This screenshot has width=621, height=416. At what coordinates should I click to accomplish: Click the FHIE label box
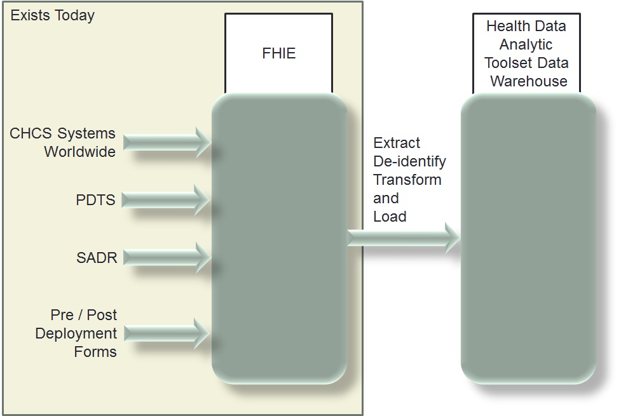(x=278, y=53)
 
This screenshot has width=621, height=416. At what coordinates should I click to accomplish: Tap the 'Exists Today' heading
(x=53, y=16)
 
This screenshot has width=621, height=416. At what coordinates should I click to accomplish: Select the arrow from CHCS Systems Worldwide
(x=167, y=142)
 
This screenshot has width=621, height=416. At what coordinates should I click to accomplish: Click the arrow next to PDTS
(x=166, y=200)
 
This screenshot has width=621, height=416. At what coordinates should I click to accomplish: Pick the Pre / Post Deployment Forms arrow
(x=167, y=333)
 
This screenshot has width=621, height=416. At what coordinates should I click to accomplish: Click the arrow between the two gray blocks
(x=403, y=238)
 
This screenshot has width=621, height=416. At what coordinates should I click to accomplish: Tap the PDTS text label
(x=95, y=201)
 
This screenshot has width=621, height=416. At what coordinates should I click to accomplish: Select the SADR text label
(x=97, y=258)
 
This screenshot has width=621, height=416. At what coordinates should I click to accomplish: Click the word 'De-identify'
(x=409, y=161)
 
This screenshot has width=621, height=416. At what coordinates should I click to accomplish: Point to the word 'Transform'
(x=407, y=180)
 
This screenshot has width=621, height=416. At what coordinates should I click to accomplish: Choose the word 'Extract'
(x=397, y=143)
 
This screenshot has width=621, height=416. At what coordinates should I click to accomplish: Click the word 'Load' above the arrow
(x=390, y=217)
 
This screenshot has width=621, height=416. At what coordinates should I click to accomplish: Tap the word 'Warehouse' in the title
(x=528, y=81)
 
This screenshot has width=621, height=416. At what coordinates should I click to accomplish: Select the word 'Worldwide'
(x=79, y=152)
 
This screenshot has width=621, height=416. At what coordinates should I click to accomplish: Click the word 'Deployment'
(x=76, y=333)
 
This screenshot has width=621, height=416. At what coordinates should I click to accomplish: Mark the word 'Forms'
(x=95, y=352)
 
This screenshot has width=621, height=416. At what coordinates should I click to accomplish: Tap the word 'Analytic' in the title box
(x=526, y=44)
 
